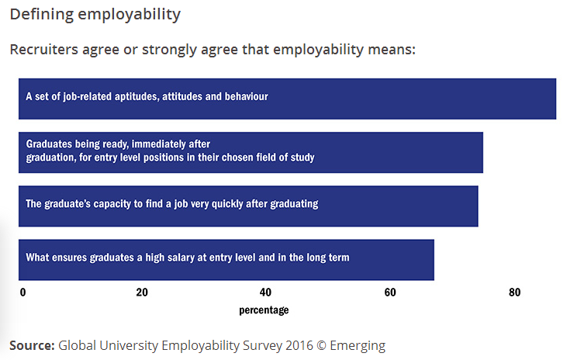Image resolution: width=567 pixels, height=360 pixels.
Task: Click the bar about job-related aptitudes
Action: tap(287, 99)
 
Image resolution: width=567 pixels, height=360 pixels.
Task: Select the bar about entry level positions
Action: tap(251, 152)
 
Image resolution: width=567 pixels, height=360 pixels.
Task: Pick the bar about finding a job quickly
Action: tap(248, 206)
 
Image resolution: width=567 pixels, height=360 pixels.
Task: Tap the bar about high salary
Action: tap(226, 259)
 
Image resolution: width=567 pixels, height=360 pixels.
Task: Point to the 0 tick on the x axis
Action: tap(22, 292)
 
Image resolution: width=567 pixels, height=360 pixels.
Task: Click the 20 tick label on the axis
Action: tap(142, 292)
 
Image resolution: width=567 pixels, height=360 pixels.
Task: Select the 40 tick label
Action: tap(265, 292)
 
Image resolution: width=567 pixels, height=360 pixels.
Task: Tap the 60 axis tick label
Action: tap(390, 292)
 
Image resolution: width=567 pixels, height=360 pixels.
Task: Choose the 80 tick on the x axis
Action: tap(513, 292)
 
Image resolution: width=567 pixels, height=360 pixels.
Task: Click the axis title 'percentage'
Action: tap(264, 310)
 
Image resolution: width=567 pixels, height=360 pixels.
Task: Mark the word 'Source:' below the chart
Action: tap(32, 345)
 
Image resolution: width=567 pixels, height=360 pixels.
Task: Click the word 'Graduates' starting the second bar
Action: tap(49, 144)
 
